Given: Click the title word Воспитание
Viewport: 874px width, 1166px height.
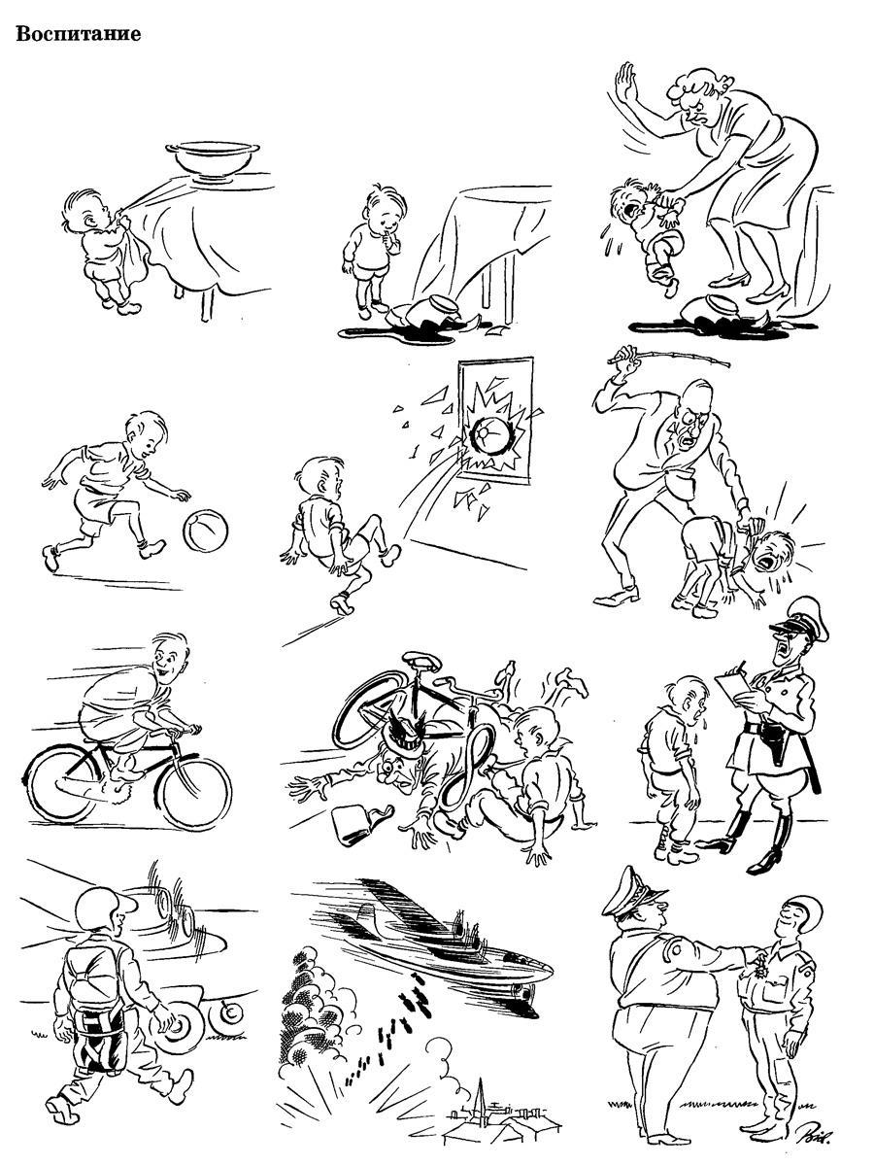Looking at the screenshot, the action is (x=79, y=33).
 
